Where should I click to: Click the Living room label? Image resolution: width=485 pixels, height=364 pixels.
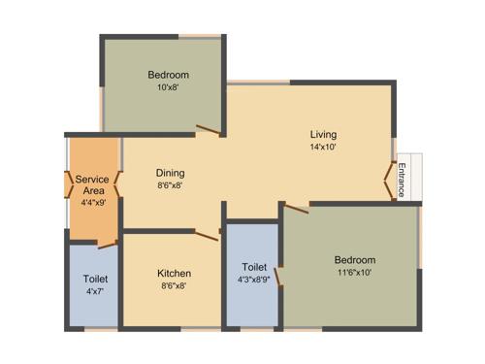pos(324,134)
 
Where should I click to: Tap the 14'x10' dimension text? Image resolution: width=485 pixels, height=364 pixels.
pos(324,149)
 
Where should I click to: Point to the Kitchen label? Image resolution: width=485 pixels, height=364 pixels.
pos(175,273)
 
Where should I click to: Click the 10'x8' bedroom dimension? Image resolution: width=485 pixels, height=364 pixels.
pos(168,87)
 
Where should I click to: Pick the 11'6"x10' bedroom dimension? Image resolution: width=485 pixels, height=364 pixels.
pos(354,273)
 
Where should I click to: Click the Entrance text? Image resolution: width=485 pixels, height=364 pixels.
pos(402,179)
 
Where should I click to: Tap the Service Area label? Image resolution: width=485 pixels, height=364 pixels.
pos(92,185)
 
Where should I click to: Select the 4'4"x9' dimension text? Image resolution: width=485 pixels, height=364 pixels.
pos(92,204)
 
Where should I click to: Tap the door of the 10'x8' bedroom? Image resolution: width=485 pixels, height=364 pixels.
pos(208,128)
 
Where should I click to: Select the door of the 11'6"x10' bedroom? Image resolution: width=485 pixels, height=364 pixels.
pos(296,208)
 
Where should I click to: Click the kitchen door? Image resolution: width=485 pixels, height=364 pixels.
pos(207,233)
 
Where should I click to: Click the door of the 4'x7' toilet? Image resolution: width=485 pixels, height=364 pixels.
pos(107,245)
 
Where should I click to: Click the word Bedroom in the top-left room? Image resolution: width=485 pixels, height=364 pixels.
pos(168,75)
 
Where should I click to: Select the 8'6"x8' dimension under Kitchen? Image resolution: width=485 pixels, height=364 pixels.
pos(175,286)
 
